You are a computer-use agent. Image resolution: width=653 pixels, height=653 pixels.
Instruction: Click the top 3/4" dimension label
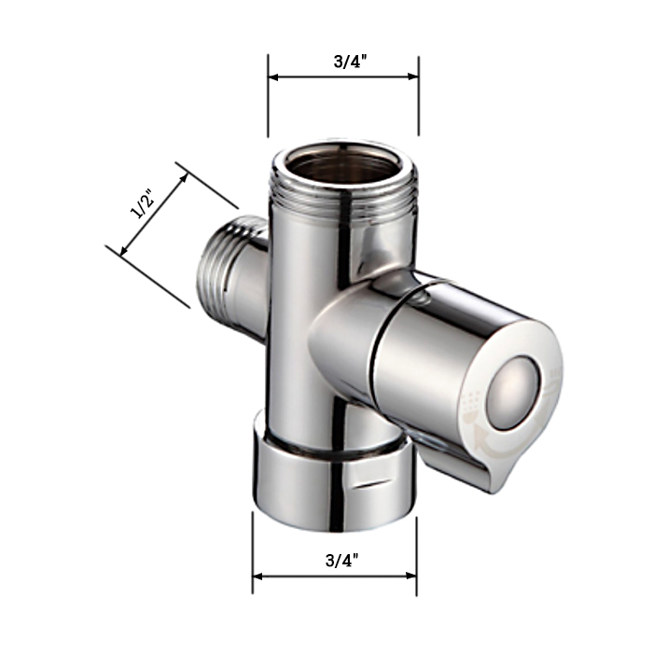[350, 63]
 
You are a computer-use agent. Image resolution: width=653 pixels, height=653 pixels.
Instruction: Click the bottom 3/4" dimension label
[341, 560]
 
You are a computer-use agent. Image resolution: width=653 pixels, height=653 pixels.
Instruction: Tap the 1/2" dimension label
[143, 203]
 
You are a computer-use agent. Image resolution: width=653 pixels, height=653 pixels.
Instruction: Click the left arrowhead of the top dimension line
[273, 77]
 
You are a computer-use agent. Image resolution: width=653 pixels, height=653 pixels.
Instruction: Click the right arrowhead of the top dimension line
[412, 76]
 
